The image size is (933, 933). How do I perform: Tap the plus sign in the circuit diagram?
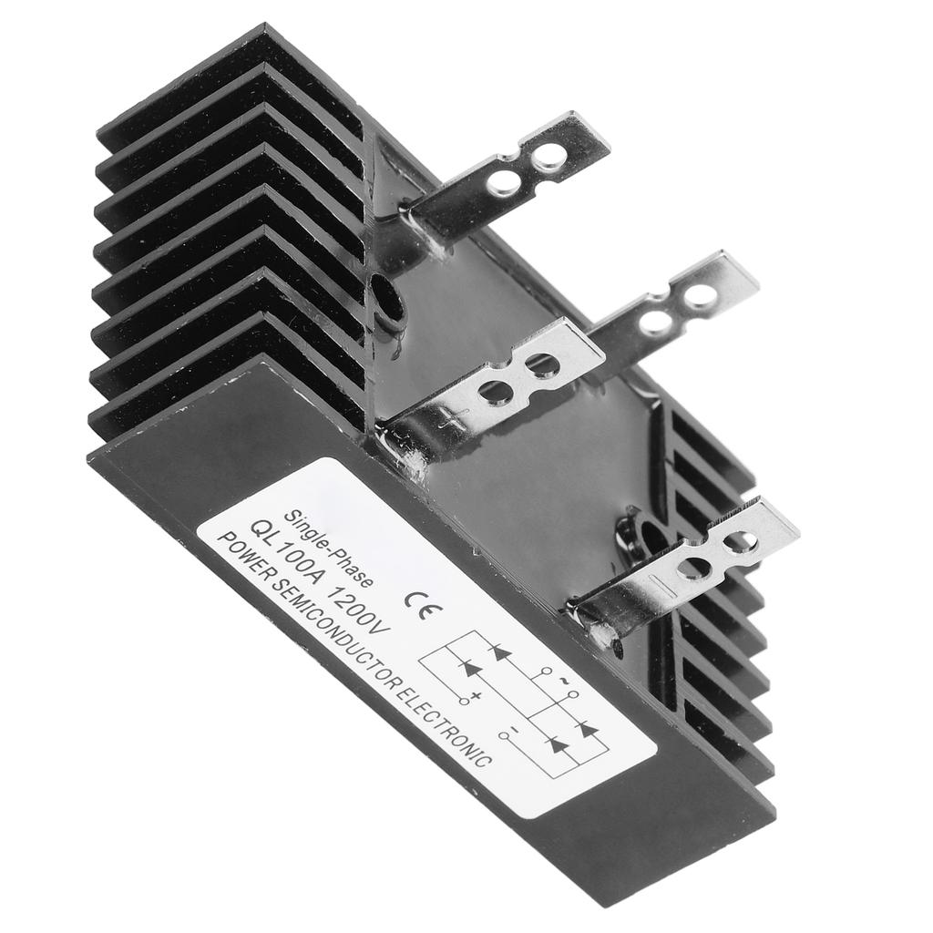(476, 695)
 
